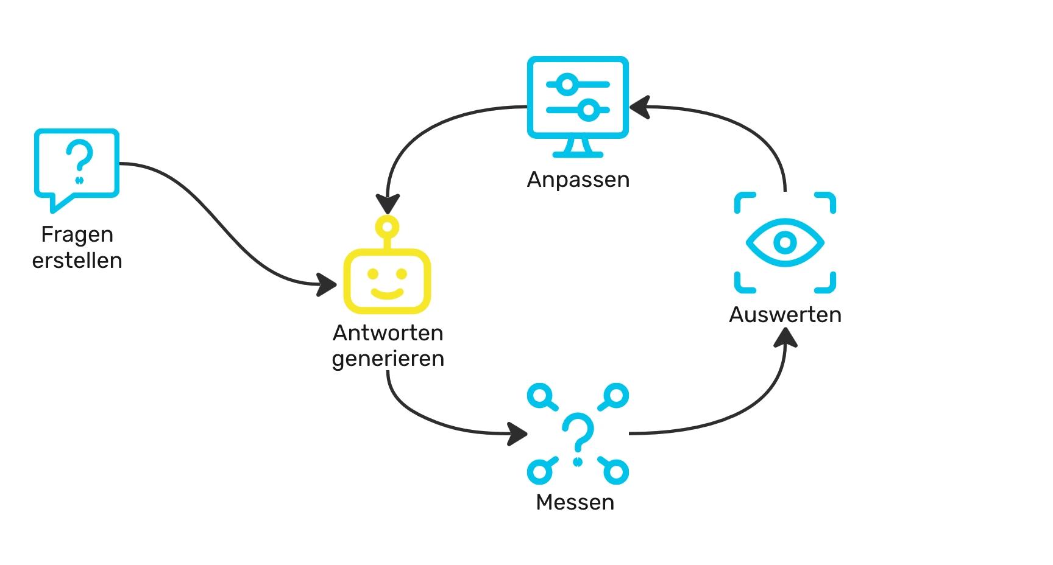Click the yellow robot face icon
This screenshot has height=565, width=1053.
click(387, 281)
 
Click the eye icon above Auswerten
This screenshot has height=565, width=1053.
click(785, 242)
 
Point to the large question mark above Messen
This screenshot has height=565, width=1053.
click(578, 433)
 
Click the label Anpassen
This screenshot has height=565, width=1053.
click(578, 180)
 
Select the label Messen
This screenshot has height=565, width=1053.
click(575, 502)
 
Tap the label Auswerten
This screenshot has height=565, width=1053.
click(785, 315)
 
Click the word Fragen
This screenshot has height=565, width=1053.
click(77, 234)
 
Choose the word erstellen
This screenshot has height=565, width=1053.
click(77, 261)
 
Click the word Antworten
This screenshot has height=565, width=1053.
click(388, 333)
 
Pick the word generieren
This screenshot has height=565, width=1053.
click(388, 359)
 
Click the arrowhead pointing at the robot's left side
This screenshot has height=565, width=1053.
click(328, 284)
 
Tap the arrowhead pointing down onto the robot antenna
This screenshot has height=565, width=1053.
click(388, 204)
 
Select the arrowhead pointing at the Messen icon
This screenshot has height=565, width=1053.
click(518, 433)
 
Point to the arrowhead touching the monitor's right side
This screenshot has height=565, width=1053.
click(639, 107)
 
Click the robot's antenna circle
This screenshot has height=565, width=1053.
click(388, 226)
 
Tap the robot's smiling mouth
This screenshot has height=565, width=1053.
click(388, 293)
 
